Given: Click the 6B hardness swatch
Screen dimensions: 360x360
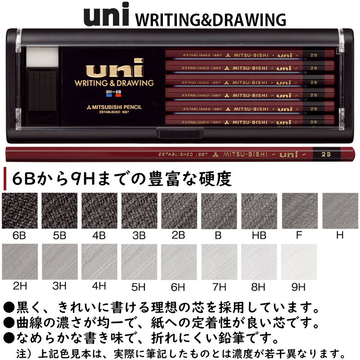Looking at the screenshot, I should pyautogui.click(x=20, y=211).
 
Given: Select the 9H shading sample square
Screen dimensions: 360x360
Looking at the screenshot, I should pyautogui.click(x=299, y=262).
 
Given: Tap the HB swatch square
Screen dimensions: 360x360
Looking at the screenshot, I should pyautogui.click(x=259, y=211).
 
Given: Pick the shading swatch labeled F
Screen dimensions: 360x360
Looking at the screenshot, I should pyautogui.click(x=299, y=211).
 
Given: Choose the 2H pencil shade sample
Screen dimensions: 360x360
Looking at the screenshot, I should pyautogui.click(x=20, y=262).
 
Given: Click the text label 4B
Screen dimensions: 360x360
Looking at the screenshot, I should pyautogui.click(x=99, y=235).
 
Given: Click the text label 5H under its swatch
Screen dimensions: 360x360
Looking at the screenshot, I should pyautogui.click(x=139, y=286).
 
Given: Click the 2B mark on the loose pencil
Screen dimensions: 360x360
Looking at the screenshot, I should pyautogui.click(x=326, y=153).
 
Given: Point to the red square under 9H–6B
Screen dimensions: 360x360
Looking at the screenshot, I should pyautogui.click(x=119, y=96).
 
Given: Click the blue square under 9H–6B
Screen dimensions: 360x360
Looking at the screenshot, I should pyautogui.click(x=109, y=96).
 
